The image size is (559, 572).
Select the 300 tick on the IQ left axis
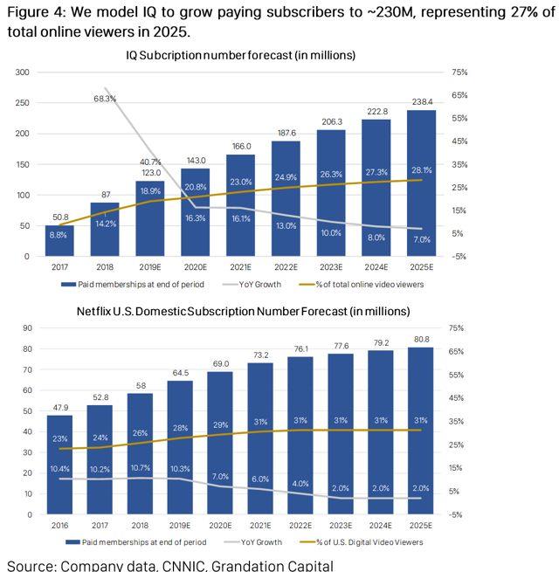[x=23, y=72]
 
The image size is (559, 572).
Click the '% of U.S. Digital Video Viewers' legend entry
[x=367, y=542]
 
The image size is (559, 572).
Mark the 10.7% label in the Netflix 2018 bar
[x=140, y=468]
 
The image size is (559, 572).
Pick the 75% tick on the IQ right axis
[x=459, y=72]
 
